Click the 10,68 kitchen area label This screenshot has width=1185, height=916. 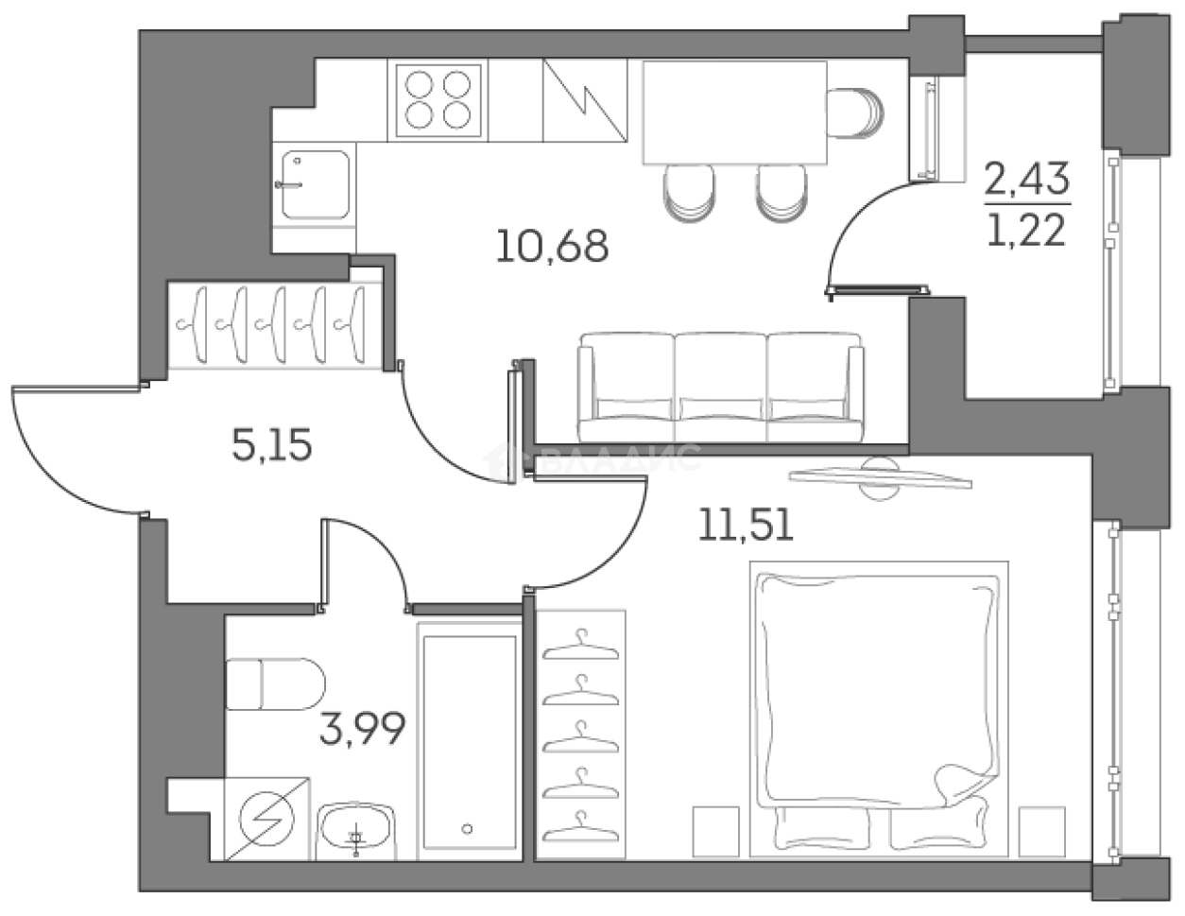(552, 247)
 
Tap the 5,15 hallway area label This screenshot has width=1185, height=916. (271, 444)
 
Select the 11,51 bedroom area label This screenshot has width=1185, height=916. (746, 522)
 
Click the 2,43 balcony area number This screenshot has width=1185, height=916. (1027, 177)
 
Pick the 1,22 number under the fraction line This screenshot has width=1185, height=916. (1027, 228)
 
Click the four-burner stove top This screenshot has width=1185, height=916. (438, 101)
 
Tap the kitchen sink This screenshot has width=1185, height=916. (313, 184)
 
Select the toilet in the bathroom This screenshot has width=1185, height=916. (274, 684)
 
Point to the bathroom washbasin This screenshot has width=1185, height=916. (355, 829)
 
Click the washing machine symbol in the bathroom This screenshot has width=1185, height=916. (268, 819)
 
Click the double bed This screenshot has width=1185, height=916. (877, 698)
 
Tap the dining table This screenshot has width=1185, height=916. (734, 112)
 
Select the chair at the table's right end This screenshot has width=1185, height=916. (856, 112)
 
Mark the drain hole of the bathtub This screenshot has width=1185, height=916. (468, 828)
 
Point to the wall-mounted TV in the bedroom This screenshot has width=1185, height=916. (879, 475)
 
